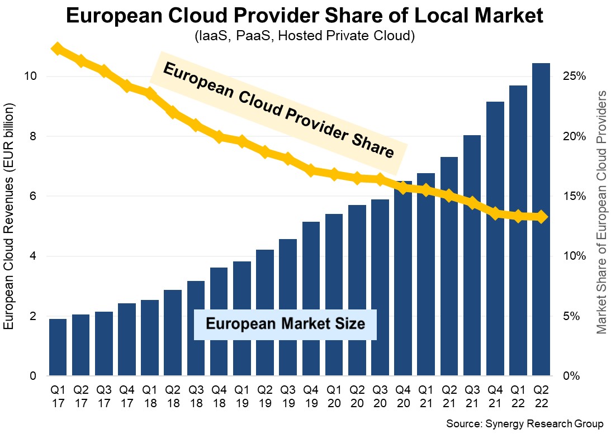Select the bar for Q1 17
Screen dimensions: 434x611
tap(58, 347)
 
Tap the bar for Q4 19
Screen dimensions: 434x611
tap(311, 298)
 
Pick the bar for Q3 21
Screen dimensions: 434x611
tap(472, 255)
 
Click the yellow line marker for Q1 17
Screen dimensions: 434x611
tap(57, 49)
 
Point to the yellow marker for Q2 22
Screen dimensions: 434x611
tap(541, 217)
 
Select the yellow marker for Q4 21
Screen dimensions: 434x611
tap(495, 213)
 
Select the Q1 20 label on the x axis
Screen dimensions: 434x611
tap(334, 395)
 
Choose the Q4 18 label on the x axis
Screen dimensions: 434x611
tap(219, 395)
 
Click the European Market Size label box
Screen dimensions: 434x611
tap(285, 324)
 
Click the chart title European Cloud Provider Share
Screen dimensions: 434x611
tap(305, 16)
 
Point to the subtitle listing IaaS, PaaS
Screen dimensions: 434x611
tap(305, 36)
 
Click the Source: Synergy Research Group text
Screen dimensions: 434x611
tap(524, 424)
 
